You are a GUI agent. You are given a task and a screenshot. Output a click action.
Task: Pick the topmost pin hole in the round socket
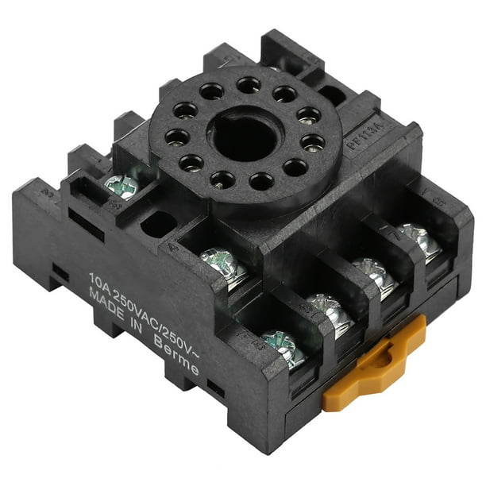(248, 84)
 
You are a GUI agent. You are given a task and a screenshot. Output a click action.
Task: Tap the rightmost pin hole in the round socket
(314, 143)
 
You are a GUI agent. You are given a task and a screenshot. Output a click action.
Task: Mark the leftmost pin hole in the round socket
(177, 137)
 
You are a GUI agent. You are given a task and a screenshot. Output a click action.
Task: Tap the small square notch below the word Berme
(214, 388)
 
